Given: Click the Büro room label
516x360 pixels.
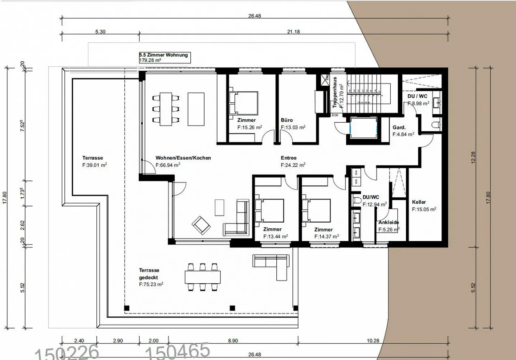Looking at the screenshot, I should [x=287, y=120].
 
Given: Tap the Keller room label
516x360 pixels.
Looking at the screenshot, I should [x=419, y=202].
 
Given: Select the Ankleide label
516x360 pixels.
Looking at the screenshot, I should [x=388, y=222].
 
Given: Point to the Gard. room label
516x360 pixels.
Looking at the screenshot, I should [x=399, y=127].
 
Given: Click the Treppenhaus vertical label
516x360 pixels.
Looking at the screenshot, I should [x=335, y=92].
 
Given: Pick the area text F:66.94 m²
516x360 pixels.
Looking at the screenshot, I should [x=168, y=165].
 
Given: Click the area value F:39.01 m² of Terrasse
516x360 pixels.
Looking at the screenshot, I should [x=95, y=165].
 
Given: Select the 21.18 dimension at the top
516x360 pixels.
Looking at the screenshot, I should [x=293, y=32].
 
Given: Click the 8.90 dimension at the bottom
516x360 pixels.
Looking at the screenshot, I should [x=233, y=341].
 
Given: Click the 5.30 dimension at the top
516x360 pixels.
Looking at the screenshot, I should [x=100, y=32].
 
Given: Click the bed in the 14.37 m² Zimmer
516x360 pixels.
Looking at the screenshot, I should [x=316, y=210].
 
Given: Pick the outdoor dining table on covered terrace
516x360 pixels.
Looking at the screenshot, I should [x=202, y=277].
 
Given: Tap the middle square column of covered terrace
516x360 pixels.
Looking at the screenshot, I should [x=232, y=308].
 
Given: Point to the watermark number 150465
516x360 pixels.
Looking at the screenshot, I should [x=177, y=351].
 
